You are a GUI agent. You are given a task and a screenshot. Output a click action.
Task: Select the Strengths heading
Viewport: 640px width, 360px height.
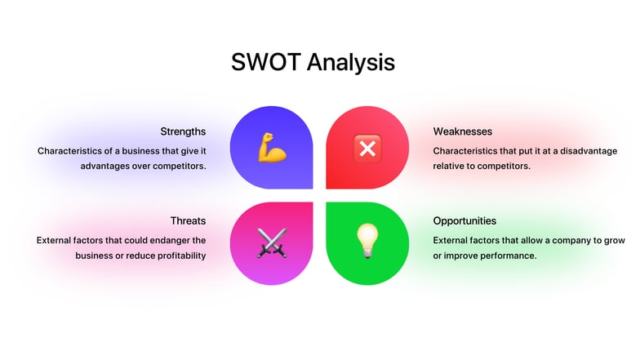click(183, 131)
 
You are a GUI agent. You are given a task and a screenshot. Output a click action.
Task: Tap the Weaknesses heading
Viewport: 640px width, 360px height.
click(463, 131)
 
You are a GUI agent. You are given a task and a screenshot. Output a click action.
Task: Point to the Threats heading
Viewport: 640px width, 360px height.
click(188, 221)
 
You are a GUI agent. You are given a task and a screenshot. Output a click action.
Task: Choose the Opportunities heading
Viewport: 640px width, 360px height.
click(464, 221)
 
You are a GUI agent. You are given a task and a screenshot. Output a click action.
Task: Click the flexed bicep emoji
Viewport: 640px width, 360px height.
click(272, 148)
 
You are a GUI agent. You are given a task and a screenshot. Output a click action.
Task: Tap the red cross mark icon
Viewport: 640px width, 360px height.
click(367, 148)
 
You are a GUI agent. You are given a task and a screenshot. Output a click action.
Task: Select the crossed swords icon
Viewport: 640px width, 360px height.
click(272, 242)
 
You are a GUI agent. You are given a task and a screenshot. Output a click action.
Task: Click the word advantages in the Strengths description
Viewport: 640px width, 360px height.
click(106, 166)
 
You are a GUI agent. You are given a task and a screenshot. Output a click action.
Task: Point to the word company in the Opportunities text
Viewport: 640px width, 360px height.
click(553, 241)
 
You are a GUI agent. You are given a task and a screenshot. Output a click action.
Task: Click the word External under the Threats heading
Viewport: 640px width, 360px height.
click(55, 241)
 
